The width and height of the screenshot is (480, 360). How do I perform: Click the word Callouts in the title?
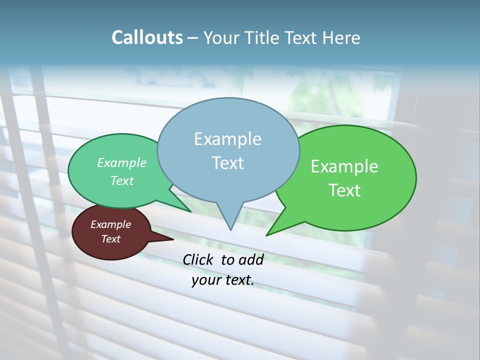147,38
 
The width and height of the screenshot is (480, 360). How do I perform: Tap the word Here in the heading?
342,38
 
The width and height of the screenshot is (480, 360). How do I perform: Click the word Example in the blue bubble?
227,139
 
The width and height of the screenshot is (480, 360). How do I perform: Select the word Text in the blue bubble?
228,163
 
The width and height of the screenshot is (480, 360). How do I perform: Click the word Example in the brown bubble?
110,224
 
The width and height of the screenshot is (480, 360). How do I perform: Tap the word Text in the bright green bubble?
345,190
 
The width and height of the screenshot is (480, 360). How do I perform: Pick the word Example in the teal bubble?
121,162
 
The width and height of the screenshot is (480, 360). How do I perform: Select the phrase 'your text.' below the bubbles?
222,280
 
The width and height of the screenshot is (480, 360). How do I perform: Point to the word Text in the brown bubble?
110,239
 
